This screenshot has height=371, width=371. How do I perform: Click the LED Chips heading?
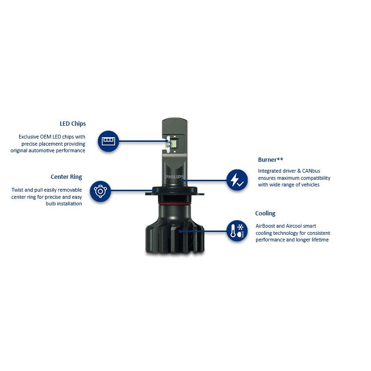[x=73, y=124]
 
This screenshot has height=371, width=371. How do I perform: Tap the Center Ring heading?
[x=66, y=177]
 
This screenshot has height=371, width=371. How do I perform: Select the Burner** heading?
[x=270, y=160]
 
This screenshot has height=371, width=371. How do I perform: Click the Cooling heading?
[x=265, y=213]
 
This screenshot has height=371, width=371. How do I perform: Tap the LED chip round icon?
[x=108, y=141]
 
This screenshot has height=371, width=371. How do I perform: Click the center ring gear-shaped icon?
[x=100, y=191]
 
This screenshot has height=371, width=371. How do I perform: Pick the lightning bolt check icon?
[x=237, y=180]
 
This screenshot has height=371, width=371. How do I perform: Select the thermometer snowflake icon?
[x=237, y=231]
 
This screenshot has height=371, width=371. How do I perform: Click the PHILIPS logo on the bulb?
[x=175, y=177]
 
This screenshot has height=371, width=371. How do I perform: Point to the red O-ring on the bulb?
[x=175, y=203]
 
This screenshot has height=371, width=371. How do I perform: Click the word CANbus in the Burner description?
[x=311, y=171]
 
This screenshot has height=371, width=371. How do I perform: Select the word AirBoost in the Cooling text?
[x=265, y=226]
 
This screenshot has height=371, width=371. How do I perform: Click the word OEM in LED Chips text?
[x=45, y=137]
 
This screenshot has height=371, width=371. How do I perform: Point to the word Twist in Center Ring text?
[x=17, y=190]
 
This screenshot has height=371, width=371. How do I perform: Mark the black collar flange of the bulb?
[x=175, y=191]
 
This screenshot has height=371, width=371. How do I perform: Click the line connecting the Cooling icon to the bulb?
[x=203, y=231]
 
